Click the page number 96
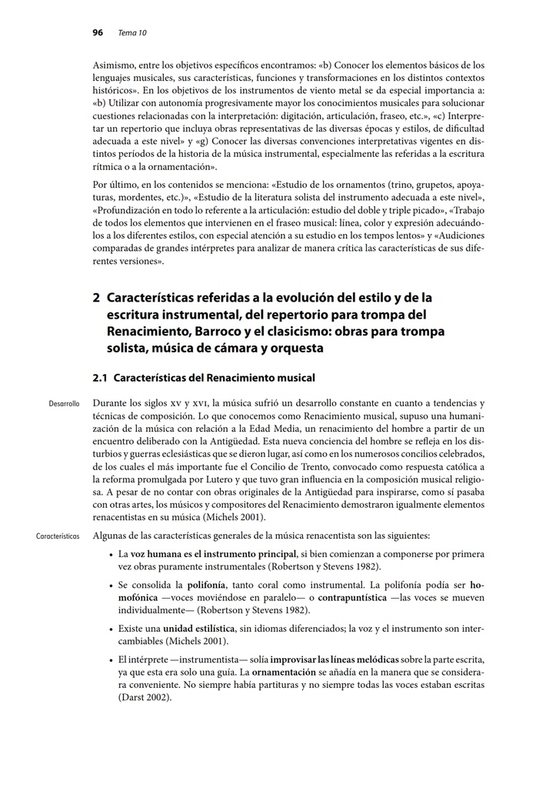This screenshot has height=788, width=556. click(x=98, y=32)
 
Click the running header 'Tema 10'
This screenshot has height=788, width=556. click(x=132, y=32)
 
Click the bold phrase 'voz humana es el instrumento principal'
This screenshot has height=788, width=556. click(x=214, y=554)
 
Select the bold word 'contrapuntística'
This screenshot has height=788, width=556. click(x=365, y=597)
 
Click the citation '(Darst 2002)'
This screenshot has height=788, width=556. click(x=145, y=698)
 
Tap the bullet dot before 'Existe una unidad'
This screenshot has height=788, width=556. click(x=113, y=628)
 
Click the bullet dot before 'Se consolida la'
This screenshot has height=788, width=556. click(x=113, y=585)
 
